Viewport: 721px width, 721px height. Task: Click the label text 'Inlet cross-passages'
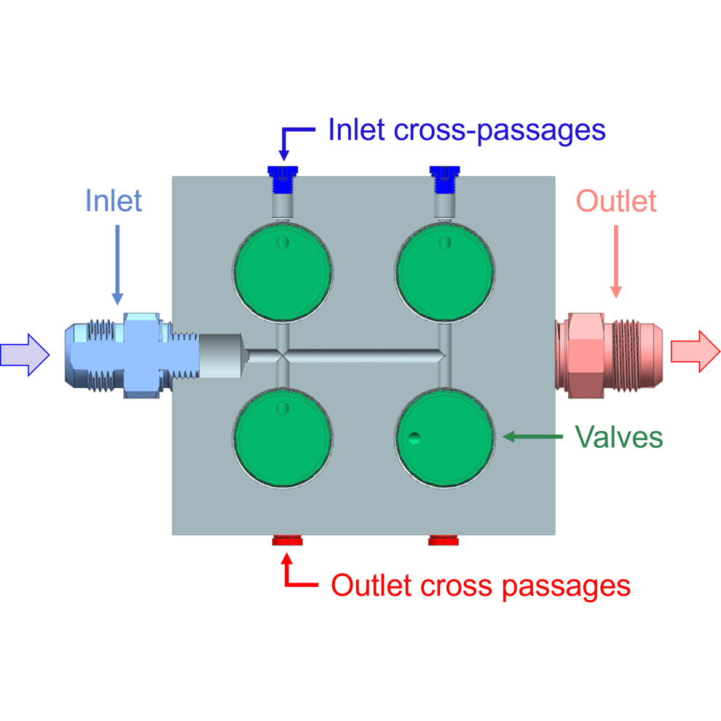click(x=467, y=130)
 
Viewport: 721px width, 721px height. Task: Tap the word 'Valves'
click(x=619, y=437)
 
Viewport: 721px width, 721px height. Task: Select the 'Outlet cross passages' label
click(x=481, y=585)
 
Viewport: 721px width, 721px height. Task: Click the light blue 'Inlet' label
click(x=114, y=200)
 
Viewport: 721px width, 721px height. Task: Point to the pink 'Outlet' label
click(x=616, y=200)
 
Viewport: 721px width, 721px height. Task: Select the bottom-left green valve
click(x=283, y=438)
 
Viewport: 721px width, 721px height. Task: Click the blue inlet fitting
click(x=124, y=355)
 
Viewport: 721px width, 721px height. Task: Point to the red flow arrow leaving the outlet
click(x=694, y=351)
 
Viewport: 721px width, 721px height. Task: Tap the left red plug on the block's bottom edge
click(x=288, y=540)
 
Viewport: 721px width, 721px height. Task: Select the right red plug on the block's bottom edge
click(x=443, y=540)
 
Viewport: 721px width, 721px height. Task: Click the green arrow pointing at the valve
click(x=534, y=437)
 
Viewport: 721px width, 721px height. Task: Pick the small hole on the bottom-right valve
click(x=414, y=438)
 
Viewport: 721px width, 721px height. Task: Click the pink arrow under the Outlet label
click(x=616, y=259)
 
